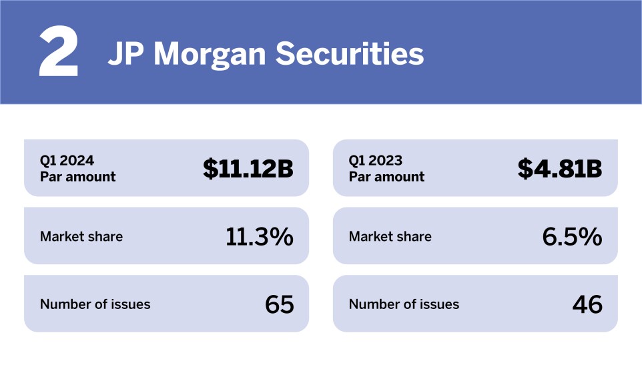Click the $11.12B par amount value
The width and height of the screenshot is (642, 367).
248,169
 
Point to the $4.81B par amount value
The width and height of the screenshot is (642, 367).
560,169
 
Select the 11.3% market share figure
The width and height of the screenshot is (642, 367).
259,236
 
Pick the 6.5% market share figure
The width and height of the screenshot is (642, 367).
572,236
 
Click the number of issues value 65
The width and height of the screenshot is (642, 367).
279,304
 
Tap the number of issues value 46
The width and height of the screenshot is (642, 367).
587,304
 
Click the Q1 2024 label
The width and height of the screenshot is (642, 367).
67,161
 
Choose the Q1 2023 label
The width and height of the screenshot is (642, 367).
376,161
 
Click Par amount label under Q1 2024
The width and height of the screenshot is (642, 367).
77,177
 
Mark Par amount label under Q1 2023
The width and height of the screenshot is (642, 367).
386,177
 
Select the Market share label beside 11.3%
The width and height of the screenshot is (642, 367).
81,236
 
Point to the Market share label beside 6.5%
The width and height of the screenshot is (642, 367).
390,236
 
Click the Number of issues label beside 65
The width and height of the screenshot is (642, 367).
95,304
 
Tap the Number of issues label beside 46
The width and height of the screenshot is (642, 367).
404,304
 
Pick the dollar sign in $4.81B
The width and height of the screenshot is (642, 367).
525,169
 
